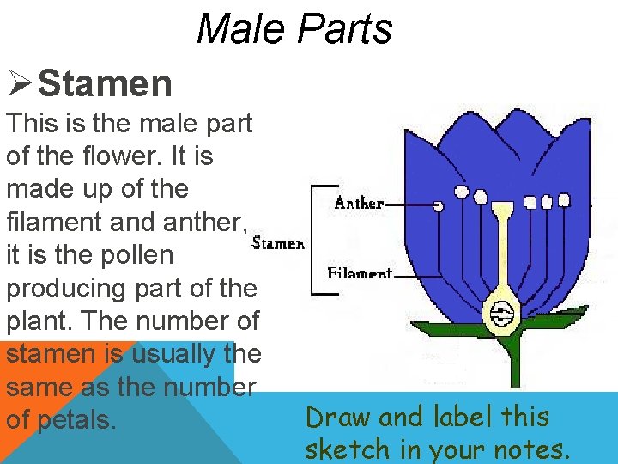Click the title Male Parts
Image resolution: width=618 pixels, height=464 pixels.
[294, 28]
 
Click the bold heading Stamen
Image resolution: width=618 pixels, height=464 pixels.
[106, 84]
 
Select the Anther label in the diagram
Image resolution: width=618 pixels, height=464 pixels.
[359, 204]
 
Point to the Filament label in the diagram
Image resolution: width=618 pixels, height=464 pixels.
[360, 274]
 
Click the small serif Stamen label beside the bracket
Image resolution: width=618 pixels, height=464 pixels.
[278, 243]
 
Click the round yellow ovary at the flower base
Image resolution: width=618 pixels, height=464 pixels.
[500, 314]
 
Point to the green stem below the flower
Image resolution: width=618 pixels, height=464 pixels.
[515, 361]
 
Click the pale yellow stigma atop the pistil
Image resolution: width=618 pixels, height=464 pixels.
[501, 209]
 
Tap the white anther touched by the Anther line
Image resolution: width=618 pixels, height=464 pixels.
[439, 206]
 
